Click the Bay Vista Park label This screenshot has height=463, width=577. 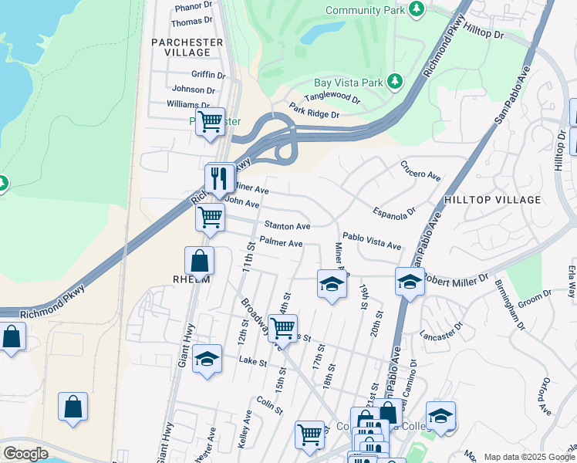tap(348, 83)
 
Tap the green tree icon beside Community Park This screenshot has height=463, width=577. tap(417, 8)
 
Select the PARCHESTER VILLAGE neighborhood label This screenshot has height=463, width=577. tap(187, 47)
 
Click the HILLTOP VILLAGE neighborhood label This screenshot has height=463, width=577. tap(493, 200)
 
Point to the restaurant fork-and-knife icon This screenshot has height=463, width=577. tap(219, 179)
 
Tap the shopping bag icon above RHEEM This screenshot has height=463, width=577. tap(199, 262)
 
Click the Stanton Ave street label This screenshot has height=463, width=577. tap(287, 226)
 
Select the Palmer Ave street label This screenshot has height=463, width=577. tap(281, 243)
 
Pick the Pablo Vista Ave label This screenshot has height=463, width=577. tap(372, 242)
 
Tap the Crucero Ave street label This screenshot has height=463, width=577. tap(420, 171)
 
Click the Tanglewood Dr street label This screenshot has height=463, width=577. tap(332, 99)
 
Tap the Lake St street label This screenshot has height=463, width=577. tap(252, 360)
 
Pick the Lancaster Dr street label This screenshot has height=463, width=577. tap(439, 336)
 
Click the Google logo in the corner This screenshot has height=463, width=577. tap(25, 454)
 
